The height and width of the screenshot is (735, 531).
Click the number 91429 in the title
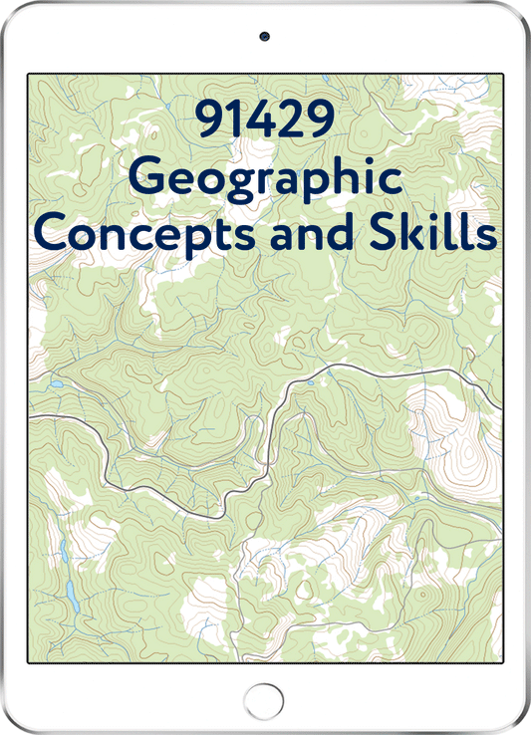tap(265, 123)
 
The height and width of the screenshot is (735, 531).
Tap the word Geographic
tap(266, 179)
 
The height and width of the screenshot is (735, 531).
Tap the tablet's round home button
tap(265, 696)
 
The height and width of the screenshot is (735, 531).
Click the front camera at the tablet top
tap(265, 36)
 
